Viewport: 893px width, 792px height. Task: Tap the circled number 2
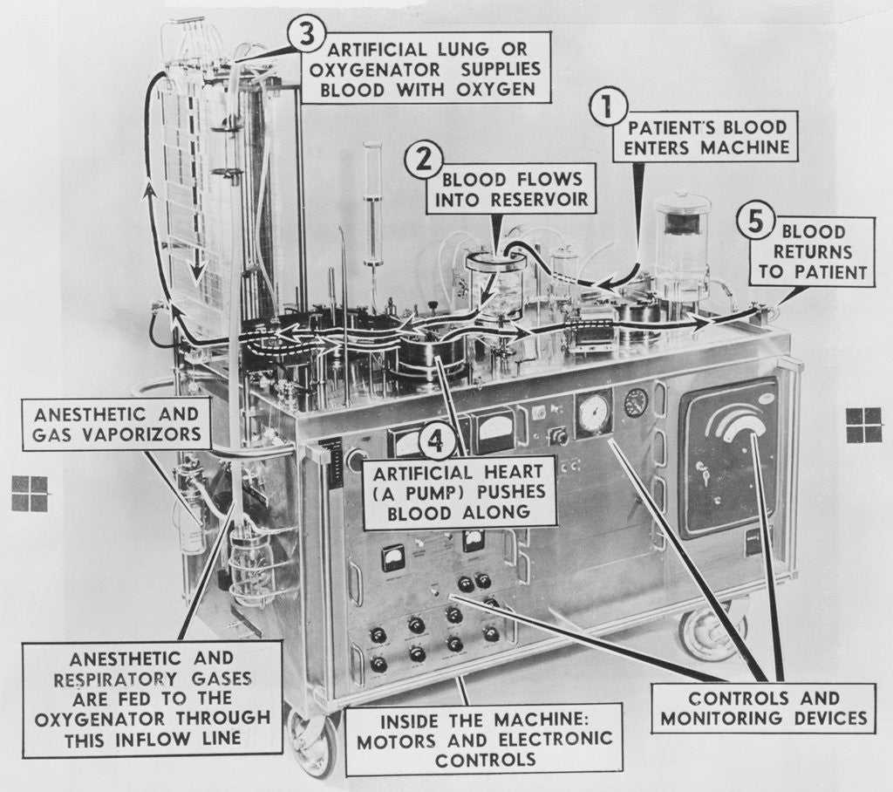[x=423, y=160]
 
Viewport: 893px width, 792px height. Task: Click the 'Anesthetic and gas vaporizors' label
[x=116, y=424]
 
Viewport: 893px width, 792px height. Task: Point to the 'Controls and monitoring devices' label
[x=762, y=707]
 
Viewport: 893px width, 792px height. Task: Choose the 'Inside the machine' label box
[x=483, y=739]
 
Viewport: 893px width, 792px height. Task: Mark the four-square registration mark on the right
[x=863, y=425]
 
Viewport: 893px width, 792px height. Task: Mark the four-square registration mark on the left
[x=30, y=493]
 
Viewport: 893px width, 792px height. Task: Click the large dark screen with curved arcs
[x=727, y=458]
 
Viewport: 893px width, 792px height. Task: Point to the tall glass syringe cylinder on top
[x=373, y=205]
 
